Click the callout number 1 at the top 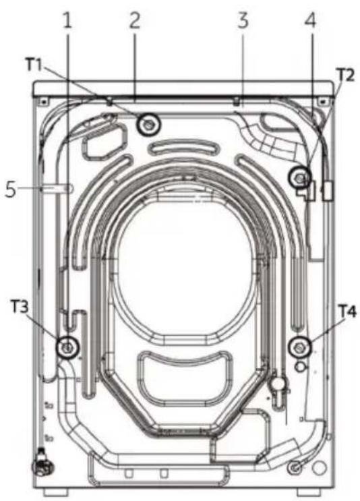67,20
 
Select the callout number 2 134,20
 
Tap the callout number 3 243,20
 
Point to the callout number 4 310,20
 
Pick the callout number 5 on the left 11,189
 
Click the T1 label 34,65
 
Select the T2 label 346,75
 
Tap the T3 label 20,306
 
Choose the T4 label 347,311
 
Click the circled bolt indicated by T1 148,124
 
